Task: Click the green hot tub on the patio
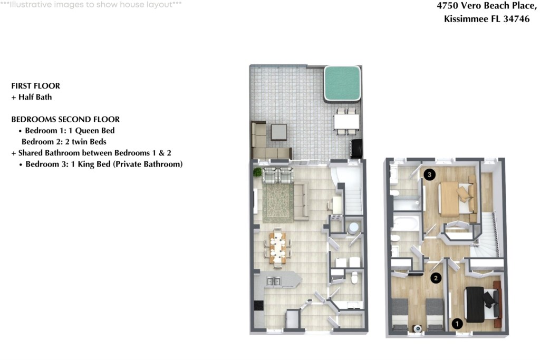(x=342, y=84)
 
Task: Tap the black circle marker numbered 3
(x=429, y=174)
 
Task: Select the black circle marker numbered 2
(x=436, y=278)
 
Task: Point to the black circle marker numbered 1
(x=457, y=324)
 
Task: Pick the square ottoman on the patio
(x=278, y=132)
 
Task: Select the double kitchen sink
(x=274, y=281)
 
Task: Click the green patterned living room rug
(x=278, y=202)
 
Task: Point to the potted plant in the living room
(x=257, y=172)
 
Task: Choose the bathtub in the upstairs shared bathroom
(x=406, y=223)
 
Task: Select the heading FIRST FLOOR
(x=35, y=86)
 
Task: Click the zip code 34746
(x=516, y=19)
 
